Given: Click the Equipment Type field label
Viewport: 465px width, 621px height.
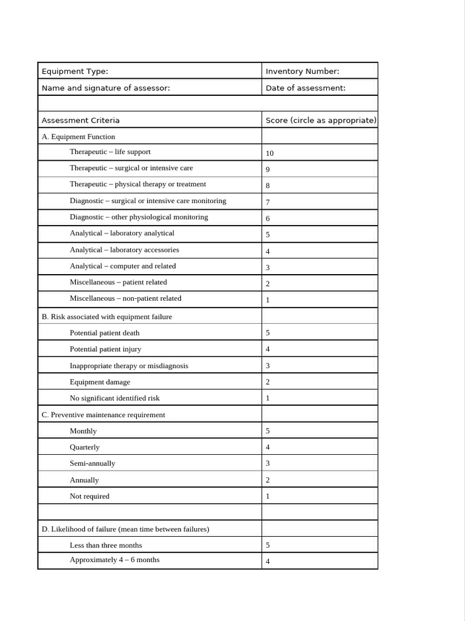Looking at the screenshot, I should pos(75,72).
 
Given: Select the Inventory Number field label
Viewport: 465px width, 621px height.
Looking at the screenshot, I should pos(302,72).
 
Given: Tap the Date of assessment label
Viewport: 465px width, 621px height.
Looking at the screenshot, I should pos(305,88).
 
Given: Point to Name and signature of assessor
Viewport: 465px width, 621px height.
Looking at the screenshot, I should pos(106,88).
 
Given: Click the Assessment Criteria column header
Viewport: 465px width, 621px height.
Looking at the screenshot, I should pos(81,120).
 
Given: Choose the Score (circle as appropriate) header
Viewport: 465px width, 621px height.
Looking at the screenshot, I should pos(321,120).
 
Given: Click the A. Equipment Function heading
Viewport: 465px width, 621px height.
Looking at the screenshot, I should pos(78,137).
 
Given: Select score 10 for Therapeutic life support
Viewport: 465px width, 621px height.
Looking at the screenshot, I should pos(269,153).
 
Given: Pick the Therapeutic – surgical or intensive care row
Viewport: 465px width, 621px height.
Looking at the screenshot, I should pos(131,168).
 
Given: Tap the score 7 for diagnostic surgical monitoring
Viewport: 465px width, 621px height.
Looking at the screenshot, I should pos(268,202).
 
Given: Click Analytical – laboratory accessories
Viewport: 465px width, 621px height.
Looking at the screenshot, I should pos(124,250).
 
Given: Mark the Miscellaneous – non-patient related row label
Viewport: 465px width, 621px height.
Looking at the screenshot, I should pos(125,298).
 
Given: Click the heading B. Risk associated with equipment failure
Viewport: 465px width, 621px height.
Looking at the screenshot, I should pos(107,317).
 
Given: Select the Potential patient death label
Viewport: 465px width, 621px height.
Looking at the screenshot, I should pos(104,333).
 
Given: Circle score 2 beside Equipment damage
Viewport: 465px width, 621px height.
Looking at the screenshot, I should pos(268,382).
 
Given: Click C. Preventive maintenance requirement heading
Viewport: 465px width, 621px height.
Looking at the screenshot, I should pos(103,415).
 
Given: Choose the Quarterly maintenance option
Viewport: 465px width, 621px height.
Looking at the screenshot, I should pos(85,447).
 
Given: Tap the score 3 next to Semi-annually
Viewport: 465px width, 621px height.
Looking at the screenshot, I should pos(268,463).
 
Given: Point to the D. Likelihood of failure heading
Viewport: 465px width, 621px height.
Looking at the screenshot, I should pos(125,529).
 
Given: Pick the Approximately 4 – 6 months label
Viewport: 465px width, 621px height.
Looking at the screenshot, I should pos(114,560).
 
